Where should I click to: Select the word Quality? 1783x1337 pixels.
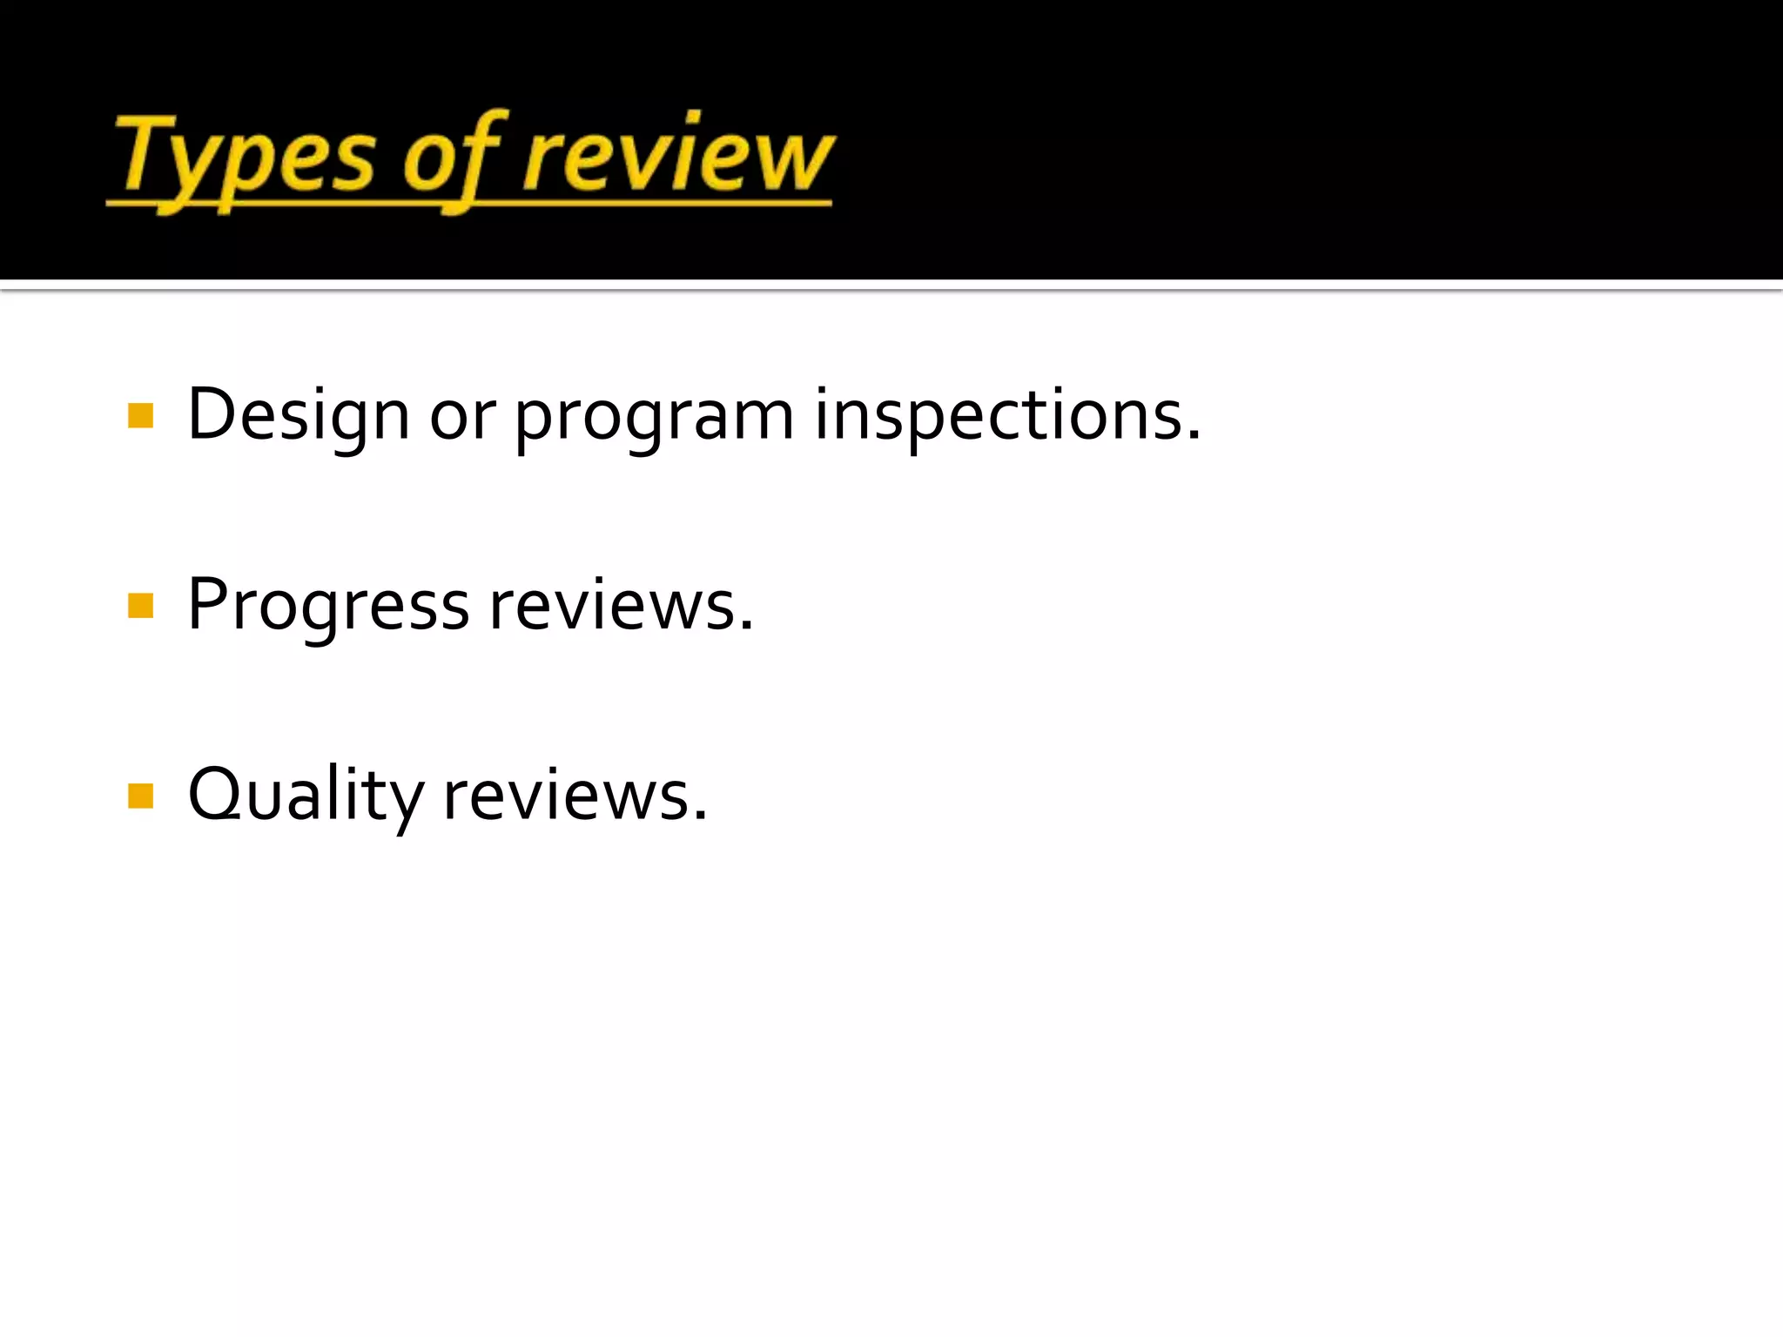[306, 796]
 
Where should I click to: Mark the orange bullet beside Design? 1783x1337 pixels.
[140, 416]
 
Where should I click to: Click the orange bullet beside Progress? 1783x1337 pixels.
[140, 606]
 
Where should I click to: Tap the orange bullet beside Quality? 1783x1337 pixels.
[140, 796]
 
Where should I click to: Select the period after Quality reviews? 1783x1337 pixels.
[700, 816]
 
